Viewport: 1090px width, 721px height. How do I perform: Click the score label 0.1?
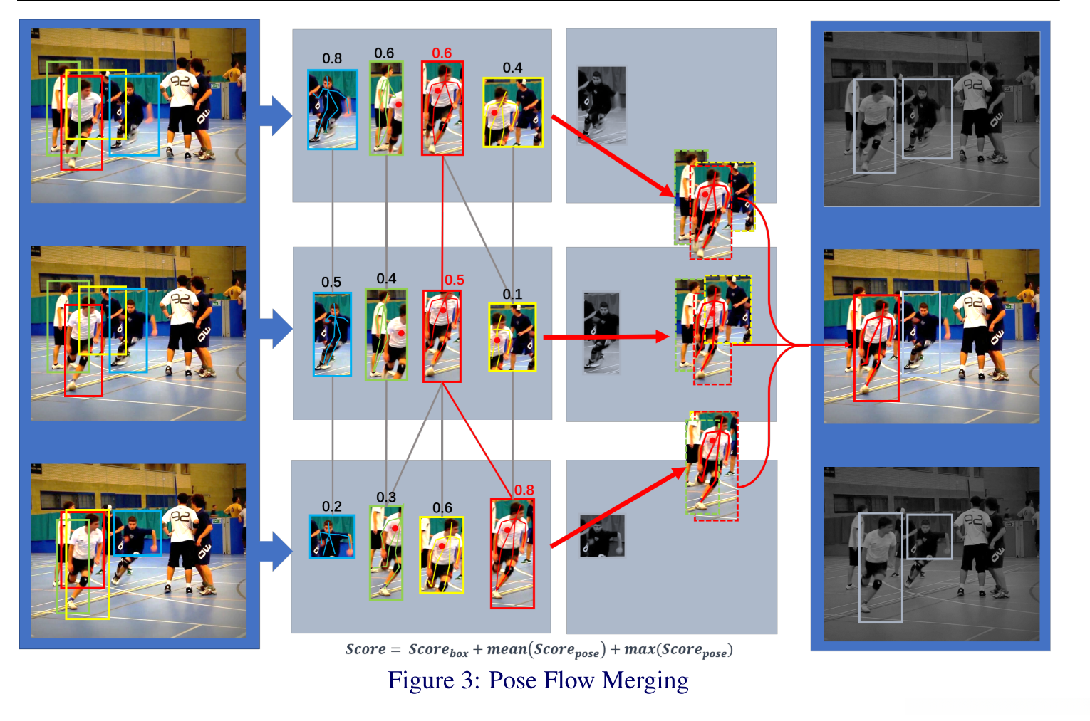512,294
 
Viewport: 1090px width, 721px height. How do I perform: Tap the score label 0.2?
331,506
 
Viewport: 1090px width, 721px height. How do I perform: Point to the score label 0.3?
386,497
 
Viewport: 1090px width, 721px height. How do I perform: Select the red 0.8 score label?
524,490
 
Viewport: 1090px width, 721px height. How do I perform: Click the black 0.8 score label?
331,58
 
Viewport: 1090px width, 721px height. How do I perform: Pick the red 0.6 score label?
442,53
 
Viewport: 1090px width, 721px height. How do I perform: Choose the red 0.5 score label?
454,280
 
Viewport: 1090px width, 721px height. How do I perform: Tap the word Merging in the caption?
645,681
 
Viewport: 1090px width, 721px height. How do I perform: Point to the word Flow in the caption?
569,681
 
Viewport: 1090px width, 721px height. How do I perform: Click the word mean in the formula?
507,649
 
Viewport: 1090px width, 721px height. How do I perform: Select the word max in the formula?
639,649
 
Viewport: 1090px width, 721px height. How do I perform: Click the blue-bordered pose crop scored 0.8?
333,109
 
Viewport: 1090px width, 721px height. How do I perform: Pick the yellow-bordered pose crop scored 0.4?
513,112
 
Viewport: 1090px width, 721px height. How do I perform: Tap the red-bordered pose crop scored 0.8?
512,553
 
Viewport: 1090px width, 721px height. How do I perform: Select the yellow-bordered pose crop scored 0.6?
442,554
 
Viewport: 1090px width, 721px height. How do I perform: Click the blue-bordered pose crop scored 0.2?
332,536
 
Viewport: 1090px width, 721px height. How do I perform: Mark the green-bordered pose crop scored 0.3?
386,552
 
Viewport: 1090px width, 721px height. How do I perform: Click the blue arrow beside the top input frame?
276,115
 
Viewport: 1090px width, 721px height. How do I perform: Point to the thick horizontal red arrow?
606,337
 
